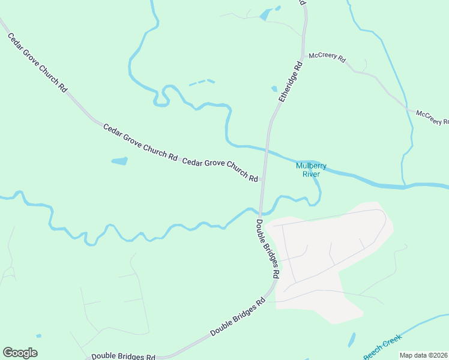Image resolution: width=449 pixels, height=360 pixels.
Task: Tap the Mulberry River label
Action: click(310, 170)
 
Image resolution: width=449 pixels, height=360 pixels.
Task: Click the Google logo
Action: click(20, 353)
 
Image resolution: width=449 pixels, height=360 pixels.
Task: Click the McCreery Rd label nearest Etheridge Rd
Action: click(327, 58)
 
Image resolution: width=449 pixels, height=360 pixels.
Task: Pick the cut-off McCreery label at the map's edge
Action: click(432, 117)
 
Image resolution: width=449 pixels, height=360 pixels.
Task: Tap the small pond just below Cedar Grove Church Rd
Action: click(119, 161)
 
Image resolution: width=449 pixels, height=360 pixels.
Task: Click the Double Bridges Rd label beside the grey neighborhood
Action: click(268, 247)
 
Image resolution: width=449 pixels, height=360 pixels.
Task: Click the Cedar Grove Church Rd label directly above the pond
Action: click(140, 142)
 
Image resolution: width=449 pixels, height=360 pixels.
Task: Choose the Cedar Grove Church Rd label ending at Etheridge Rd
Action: click(220, 170)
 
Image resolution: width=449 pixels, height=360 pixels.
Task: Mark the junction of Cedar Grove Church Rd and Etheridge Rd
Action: click(262, 179)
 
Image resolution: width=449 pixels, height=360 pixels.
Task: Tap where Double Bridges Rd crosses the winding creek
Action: click(260, 211)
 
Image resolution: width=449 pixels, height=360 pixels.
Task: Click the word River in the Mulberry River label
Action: click(310, 174)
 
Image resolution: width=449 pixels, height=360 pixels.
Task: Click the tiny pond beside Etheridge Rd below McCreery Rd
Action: click(274, 89)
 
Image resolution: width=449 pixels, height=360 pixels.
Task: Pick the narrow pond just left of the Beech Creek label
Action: click(352, 340)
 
